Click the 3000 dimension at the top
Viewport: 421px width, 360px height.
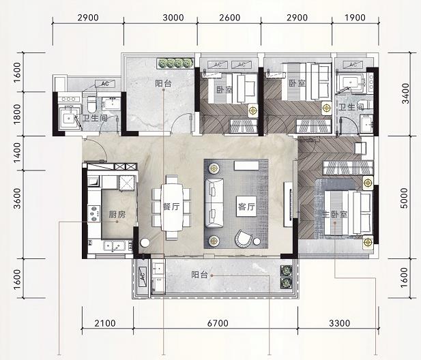173,18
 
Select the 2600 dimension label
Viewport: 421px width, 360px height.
229,18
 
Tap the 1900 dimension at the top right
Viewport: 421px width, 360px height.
355,18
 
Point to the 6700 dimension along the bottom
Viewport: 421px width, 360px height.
218,323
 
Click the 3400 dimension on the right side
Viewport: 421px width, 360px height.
405,93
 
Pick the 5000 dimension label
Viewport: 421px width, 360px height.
404,198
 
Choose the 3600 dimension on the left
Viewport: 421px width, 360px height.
17,198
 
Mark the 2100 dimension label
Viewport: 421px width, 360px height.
105,323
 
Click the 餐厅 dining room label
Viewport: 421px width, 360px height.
171,207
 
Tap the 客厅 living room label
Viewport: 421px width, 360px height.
246,207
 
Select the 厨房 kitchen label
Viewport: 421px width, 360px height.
117,215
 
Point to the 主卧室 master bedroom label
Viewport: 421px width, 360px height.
335,215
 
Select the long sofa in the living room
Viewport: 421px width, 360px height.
214,203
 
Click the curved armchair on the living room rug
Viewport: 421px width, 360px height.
244,239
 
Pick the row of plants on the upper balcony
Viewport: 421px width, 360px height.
175,63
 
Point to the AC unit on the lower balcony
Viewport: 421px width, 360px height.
142,277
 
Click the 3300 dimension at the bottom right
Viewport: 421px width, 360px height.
340,323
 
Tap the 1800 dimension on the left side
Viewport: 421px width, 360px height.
17,114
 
